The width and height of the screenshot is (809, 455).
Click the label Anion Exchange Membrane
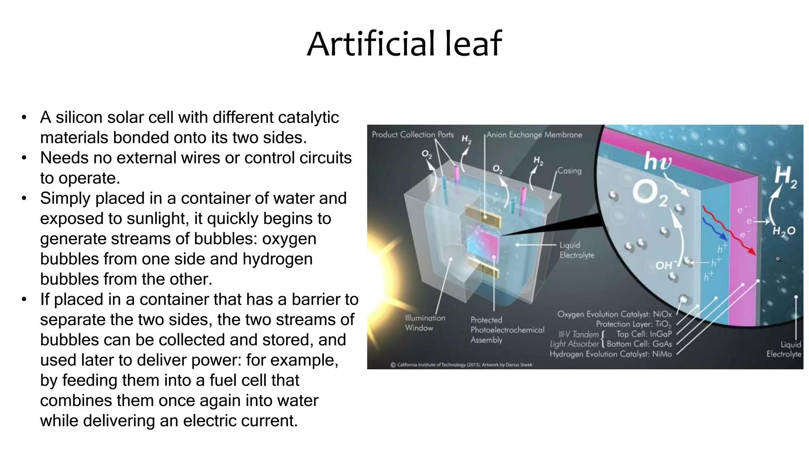pos(534,135)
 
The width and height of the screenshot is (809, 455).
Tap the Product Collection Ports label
pos(412,135)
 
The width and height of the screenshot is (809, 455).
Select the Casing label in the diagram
pos(569,171)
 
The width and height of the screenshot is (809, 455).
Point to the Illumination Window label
pos(425,323)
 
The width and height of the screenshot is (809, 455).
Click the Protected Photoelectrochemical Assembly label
pos(507,329)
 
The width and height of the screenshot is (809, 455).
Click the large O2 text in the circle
pos(649,194)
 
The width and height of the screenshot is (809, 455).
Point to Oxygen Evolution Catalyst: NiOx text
pos(614,314)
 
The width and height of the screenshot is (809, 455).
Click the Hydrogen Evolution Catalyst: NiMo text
pos(610,354)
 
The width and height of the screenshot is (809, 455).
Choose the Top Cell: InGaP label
pos(643,334)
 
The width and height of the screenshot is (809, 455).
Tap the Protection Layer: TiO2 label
pos(633,324)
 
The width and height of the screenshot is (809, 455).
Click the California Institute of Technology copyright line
pos(461,365)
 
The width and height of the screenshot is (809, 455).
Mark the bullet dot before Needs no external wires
pos(24,158)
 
